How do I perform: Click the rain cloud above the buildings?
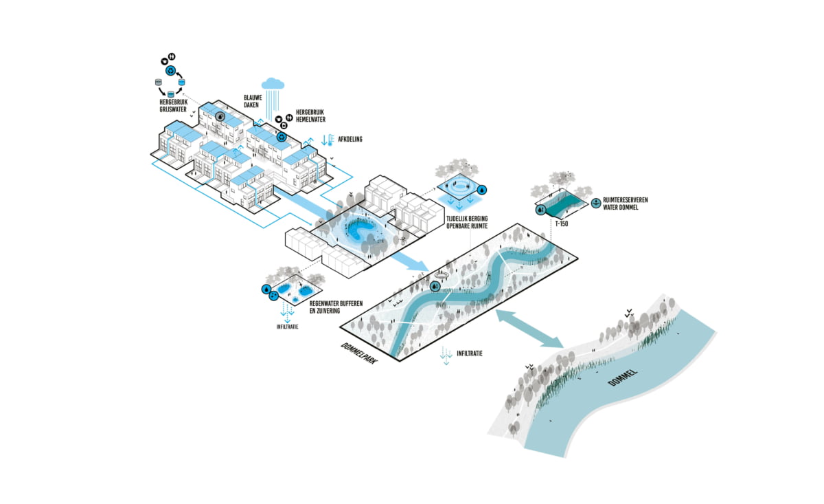273,84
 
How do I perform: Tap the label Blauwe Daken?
253,101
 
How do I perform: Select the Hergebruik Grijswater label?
173,106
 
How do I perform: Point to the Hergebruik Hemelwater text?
310,116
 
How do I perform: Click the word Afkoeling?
350,140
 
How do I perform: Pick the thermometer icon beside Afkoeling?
331,140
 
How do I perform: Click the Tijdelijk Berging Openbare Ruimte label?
467,223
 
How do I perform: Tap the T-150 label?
562,223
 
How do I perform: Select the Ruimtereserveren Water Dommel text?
625,204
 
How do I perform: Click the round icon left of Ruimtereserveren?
596,203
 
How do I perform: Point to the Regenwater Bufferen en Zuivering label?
336,307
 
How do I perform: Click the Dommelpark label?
358,353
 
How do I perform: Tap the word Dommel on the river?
622,377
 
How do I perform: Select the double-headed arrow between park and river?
529,329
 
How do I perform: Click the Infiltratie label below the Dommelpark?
470,353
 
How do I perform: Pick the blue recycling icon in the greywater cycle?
170,70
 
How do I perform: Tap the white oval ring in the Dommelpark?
442,275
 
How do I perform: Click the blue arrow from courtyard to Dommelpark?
409,261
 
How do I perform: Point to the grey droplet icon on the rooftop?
220,116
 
